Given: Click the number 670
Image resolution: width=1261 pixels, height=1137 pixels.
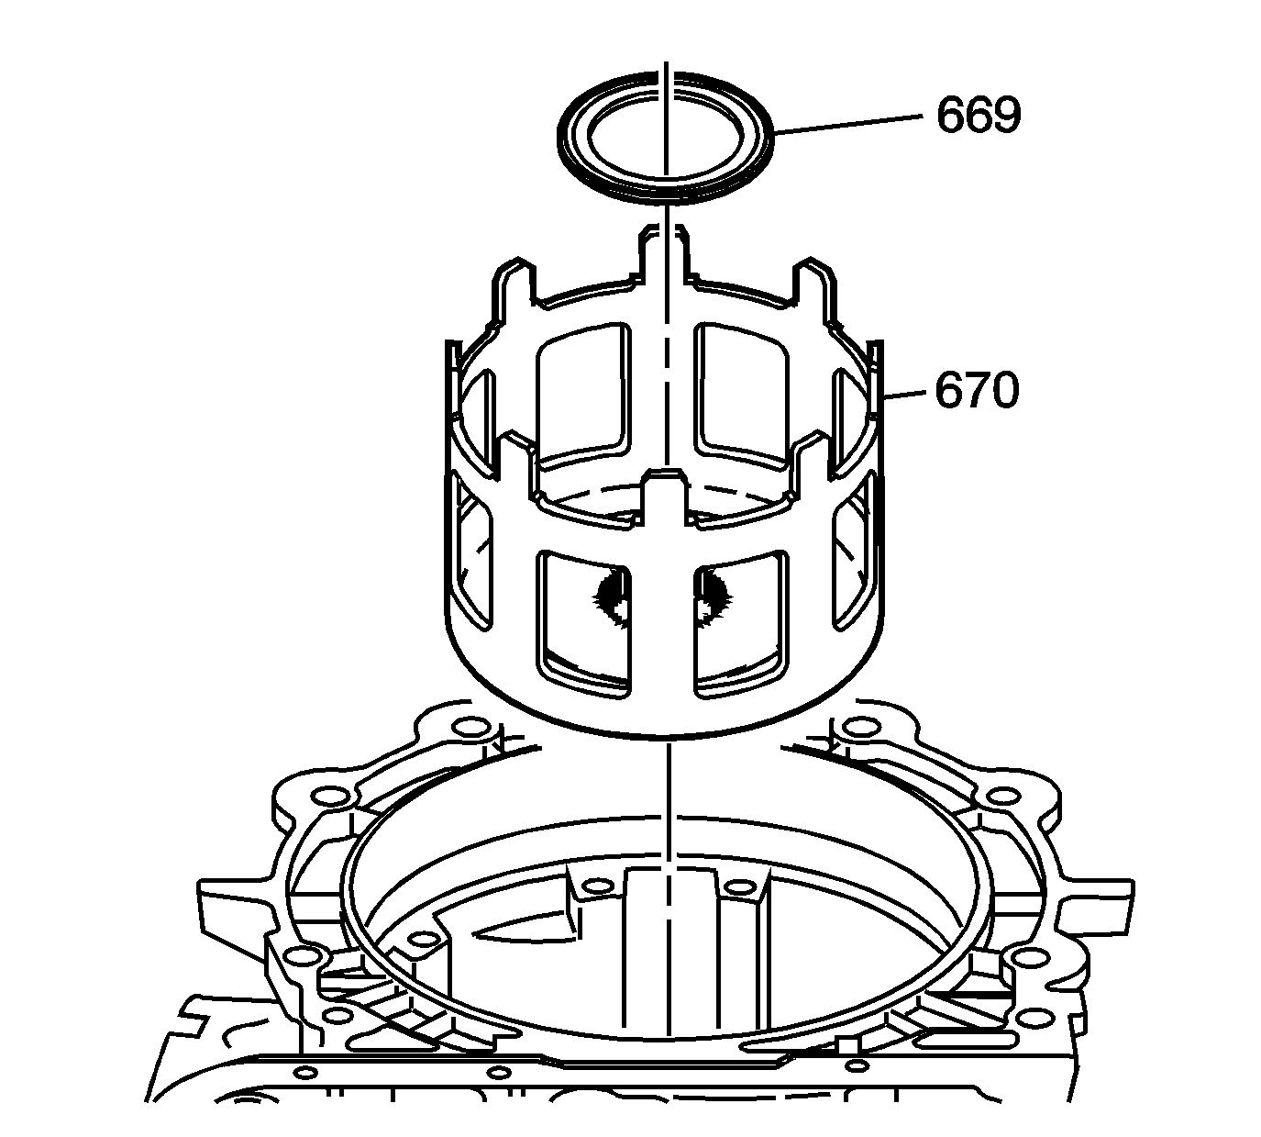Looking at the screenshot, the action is point(977,390).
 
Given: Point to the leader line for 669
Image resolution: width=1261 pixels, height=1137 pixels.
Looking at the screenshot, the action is point(848,124).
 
